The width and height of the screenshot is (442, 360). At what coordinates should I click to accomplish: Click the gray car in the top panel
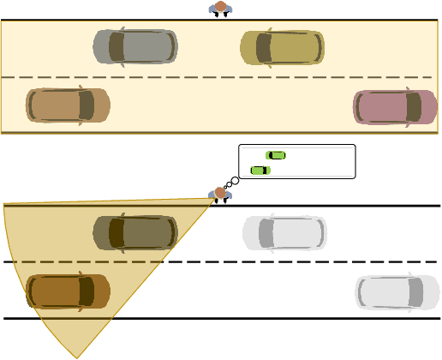tap(135, 47)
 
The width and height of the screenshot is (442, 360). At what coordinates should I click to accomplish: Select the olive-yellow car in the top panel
tap(282, 47)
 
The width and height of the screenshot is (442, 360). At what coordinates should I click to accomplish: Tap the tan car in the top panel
tap(68, 105)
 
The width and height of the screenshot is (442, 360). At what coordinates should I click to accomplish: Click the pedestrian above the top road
tap(220, 9)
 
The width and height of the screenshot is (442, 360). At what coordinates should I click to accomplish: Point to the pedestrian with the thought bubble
tap(220, 195)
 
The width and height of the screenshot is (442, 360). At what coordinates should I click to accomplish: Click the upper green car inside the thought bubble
tap(276, 155)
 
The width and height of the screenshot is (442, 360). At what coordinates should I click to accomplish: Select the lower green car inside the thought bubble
tap(260, 170)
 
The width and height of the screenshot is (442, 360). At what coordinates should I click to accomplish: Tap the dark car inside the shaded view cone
tap(135, 232)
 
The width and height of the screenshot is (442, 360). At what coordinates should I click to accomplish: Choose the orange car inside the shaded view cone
tap(68, 291)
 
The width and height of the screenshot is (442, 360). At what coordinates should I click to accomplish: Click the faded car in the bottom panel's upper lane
tap(284, 232)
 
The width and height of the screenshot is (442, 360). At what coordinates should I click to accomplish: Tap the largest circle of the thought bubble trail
tap(235, 180)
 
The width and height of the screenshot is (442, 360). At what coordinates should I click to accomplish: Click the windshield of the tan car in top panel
tap(86, 105)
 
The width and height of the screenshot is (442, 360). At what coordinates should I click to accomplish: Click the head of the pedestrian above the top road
tap(220, 7)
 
